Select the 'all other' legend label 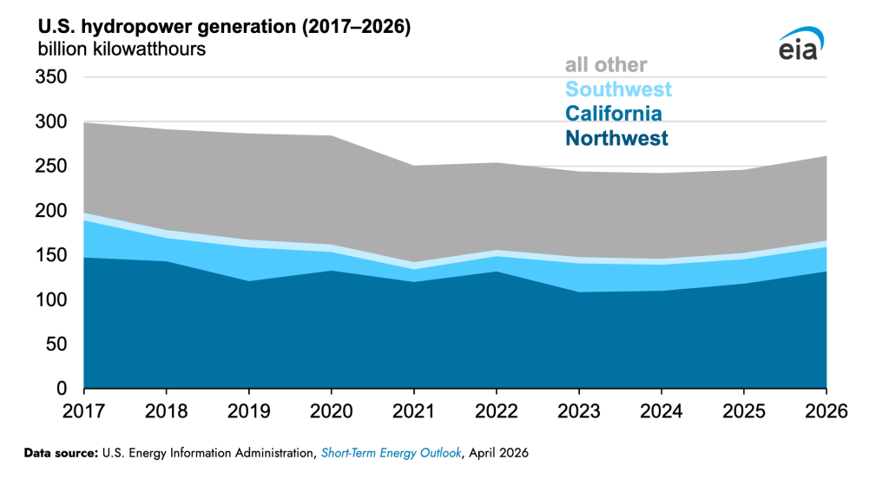(606, 65)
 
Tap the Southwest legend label (618, 89)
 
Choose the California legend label (613, 114)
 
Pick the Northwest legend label (616, 138)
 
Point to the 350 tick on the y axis (50, 78)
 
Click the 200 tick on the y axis (50, 211)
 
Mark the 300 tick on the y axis (50, 122)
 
